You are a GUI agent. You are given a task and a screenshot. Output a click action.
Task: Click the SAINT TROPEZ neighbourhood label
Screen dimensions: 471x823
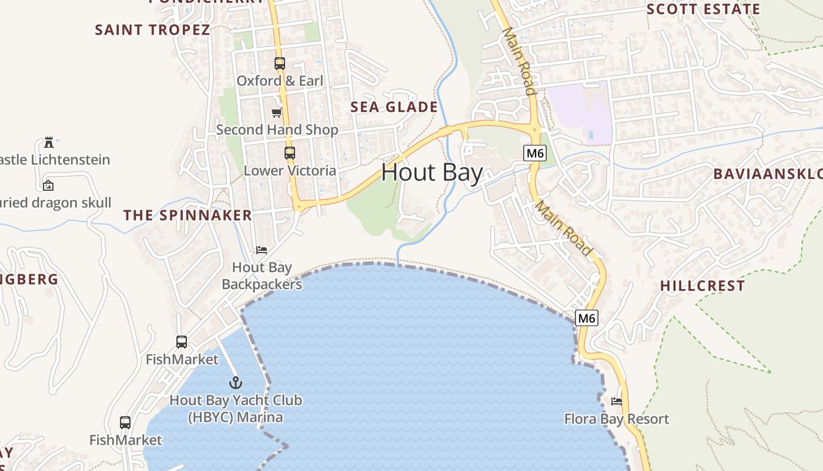(152, 30)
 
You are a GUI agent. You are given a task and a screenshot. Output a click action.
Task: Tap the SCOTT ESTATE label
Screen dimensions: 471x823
(703, 9)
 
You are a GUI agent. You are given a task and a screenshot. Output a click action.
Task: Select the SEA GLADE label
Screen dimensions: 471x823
(394, 107)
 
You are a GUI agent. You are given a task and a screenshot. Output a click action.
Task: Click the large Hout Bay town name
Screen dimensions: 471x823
(432, 173)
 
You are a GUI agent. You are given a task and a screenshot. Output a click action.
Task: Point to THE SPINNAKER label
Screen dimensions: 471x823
(188, 215)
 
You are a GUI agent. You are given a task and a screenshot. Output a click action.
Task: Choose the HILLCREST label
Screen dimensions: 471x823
(702, 286)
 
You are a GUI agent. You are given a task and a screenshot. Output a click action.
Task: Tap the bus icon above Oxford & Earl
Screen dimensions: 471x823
(280, 63)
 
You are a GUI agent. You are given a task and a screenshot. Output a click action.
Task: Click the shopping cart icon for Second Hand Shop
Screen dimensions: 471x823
(277, 112)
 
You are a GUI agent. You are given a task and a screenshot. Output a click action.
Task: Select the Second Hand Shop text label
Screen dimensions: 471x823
(277, 130)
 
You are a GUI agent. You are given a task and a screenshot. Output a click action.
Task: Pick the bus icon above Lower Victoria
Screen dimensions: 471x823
(289, 153)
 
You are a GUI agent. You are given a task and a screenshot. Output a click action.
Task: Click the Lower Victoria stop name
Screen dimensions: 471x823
(290, 171)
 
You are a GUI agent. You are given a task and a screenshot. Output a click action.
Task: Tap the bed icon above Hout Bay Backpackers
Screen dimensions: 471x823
(262, 250)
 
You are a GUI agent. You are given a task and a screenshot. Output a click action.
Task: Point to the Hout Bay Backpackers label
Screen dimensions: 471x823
(262, 276)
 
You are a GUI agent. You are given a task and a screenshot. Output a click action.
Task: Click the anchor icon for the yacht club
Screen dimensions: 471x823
(235, 383)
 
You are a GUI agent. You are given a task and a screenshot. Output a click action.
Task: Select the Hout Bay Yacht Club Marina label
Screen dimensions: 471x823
(235, 409)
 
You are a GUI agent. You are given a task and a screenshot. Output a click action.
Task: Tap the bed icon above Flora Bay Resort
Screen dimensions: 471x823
(616, 402)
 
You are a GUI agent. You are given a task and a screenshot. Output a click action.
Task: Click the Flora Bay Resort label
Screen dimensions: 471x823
(616, 419)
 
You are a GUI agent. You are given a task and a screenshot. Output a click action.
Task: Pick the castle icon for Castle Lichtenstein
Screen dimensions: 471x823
(49, 142)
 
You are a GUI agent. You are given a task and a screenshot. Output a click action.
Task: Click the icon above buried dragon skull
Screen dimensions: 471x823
(48, 185)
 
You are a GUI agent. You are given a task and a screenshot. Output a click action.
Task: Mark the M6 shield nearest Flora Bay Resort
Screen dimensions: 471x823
(587, 319)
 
